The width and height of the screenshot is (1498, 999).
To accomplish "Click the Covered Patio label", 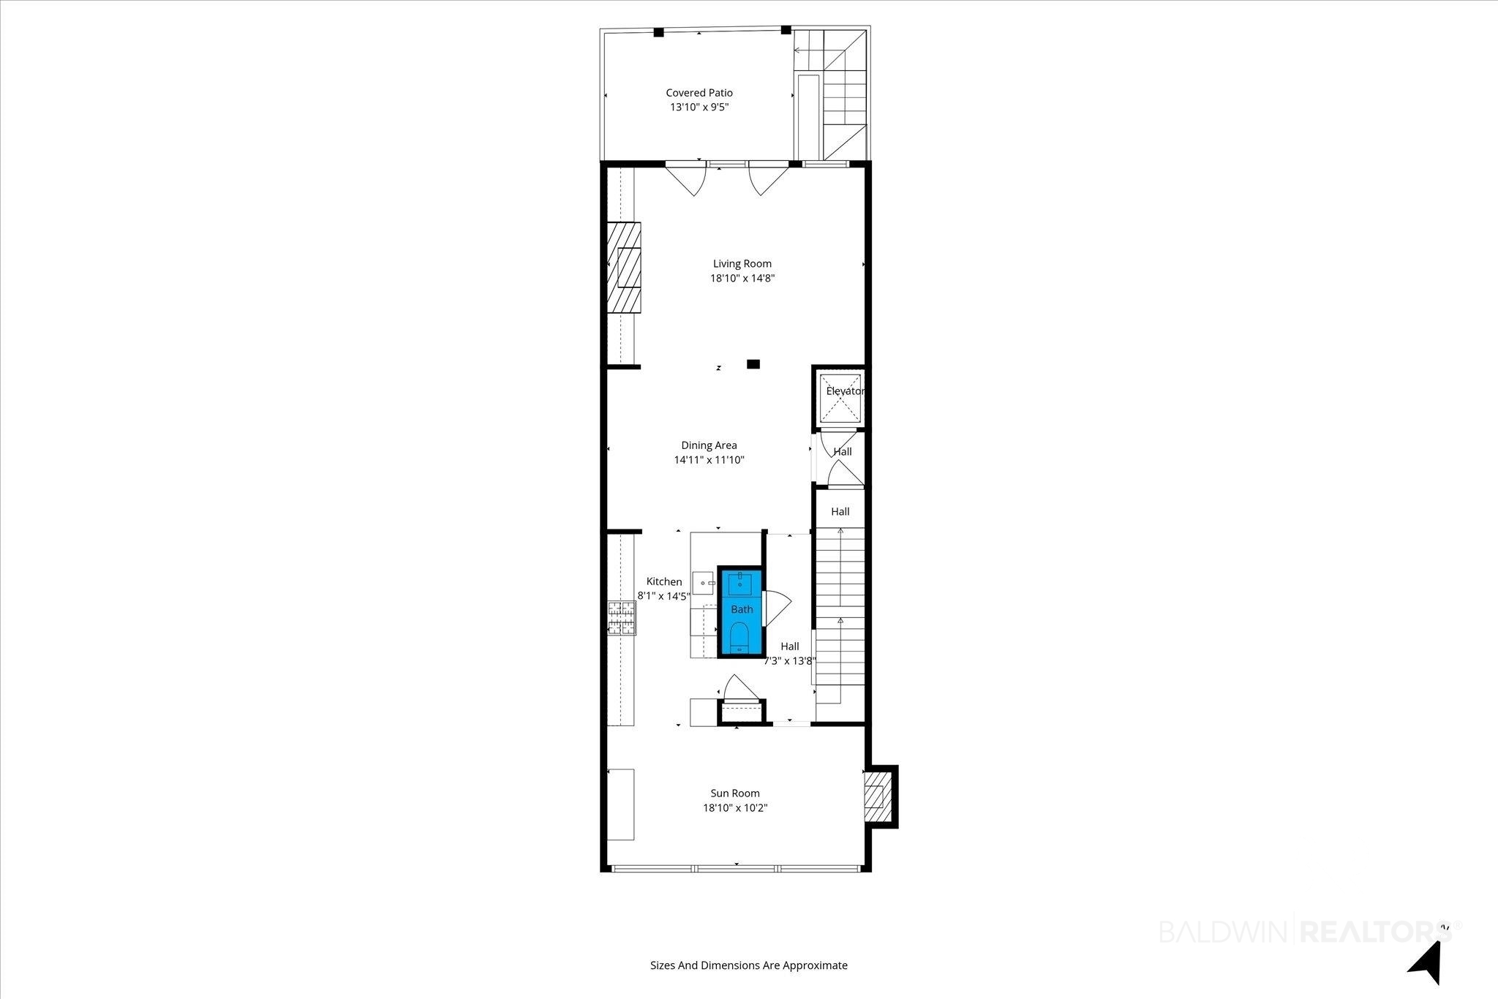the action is pyautogui.click(x=699, y=93).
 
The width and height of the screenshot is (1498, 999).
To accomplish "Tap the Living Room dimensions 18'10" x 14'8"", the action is pyautogui.click(x=742, y=278).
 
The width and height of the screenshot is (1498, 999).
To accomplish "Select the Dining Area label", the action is pyautogui.click(x=709, y=445).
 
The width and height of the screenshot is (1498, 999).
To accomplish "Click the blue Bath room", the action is pyautogui.click(x=742, y=611).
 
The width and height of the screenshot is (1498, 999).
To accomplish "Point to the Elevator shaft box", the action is pyautogui.click(x=839, y=398).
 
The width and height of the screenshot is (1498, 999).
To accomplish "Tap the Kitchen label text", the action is pyautogui.click(x=664, y=581).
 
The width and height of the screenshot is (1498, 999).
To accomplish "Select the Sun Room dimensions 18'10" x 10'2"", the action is pyautogui.click(x=735, y=807).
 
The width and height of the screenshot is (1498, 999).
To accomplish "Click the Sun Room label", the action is pyautogui.click(x=735, y=793).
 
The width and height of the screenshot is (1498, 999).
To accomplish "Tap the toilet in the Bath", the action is pyautogui.click(x=739, y=637).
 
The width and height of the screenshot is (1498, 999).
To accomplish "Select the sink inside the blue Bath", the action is pyautogui.click(x=740, y=583).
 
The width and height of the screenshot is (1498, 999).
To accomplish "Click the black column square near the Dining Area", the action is pyautogui.click(x=753, y=363).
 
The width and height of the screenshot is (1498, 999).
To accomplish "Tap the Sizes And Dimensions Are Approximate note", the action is pyautogui.click(x=749, y=965).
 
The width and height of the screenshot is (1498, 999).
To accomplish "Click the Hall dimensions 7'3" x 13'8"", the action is pyautogui.click(x=790, y=661).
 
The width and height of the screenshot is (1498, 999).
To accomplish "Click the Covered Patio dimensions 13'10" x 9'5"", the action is pyautogui.click(x=700, y=108).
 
